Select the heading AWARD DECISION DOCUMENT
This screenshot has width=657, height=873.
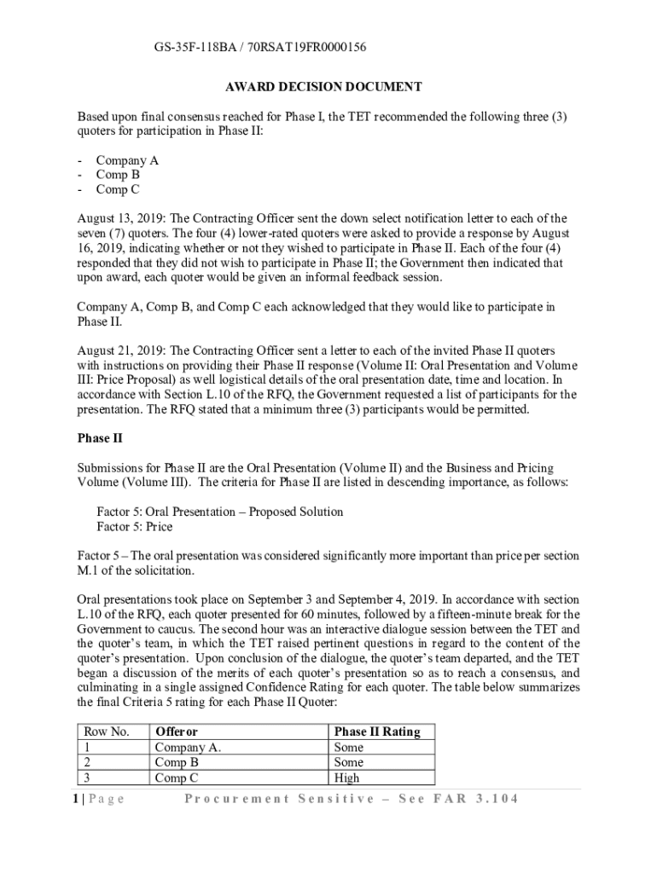coord(323,87)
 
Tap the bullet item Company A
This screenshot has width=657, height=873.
coord(127,160)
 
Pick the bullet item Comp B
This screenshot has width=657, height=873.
coord(118,175)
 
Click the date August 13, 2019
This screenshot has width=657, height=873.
coord(118,218)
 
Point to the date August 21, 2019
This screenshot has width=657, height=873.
coord(118,351)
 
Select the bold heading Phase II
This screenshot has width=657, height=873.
coord(94,439)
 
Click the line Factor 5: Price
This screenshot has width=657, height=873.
coord(134,527)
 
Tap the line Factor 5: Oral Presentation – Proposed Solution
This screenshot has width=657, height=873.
coord(220,512)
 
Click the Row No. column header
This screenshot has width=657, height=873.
coord(107,732)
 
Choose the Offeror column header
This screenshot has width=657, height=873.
coord(176,732)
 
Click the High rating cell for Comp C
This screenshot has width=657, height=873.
coord(347,778)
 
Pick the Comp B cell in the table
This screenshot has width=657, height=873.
coord(177,762)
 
